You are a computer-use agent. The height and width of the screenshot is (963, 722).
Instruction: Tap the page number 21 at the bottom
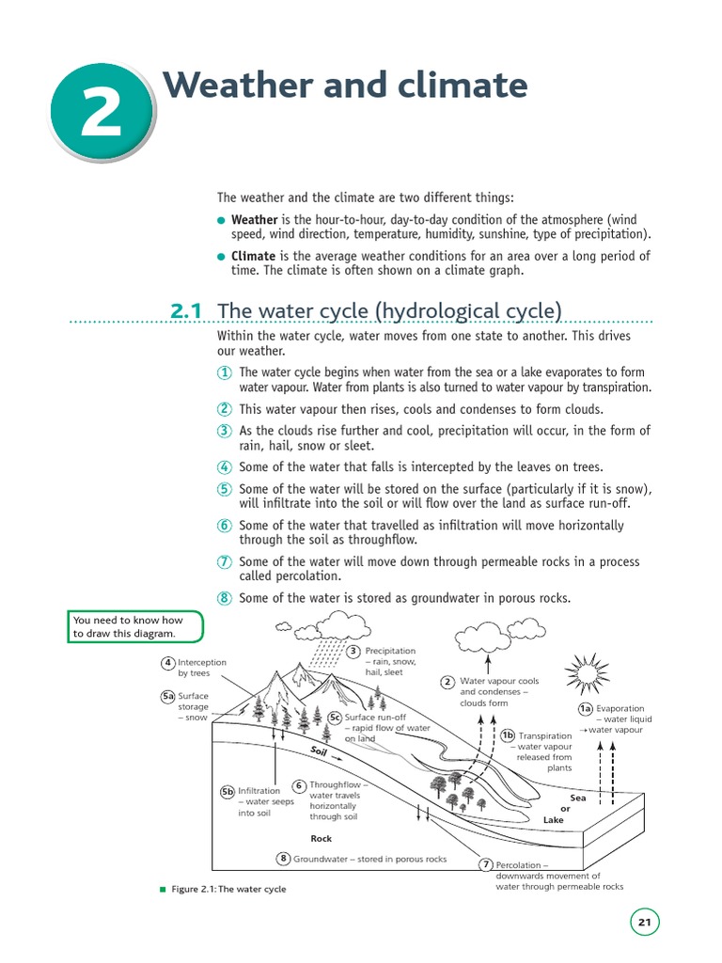click(644, 923)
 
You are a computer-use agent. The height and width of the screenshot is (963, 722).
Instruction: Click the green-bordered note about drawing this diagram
click(135, 627)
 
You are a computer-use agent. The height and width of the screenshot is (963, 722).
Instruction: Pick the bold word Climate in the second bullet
click(254, 256)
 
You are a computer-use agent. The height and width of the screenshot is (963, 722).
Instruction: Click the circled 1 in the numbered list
click(225, 372)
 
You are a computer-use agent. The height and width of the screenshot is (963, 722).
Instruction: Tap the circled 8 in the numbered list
click(225, 598)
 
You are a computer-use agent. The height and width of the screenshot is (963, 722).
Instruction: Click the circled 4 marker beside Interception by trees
click(167, 662)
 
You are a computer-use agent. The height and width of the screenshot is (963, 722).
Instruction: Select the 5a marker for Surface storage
click(167, 697)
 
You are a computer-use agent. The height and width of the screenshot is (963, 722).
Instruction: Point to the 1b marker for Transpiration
click(508, 735)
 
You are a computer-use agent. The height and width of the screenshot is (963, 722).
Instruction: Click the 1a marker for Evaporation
click(585, 708)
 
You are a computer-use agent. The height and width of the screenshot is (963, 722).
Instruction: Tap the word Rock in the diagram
click(322, 838)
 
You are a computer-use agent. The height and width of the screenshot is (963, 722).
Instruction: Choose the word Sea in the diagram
click(577, 797)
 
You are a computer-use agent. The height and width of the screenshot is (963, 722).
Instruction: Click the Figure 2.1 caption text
click(229, 889)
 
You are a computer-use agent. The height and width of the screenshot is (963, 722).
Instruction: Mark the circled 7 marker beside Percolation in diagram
click(486, 864)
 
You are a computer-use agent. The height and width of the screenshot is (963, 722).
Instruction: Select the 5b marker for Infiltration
click(227, 791)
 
